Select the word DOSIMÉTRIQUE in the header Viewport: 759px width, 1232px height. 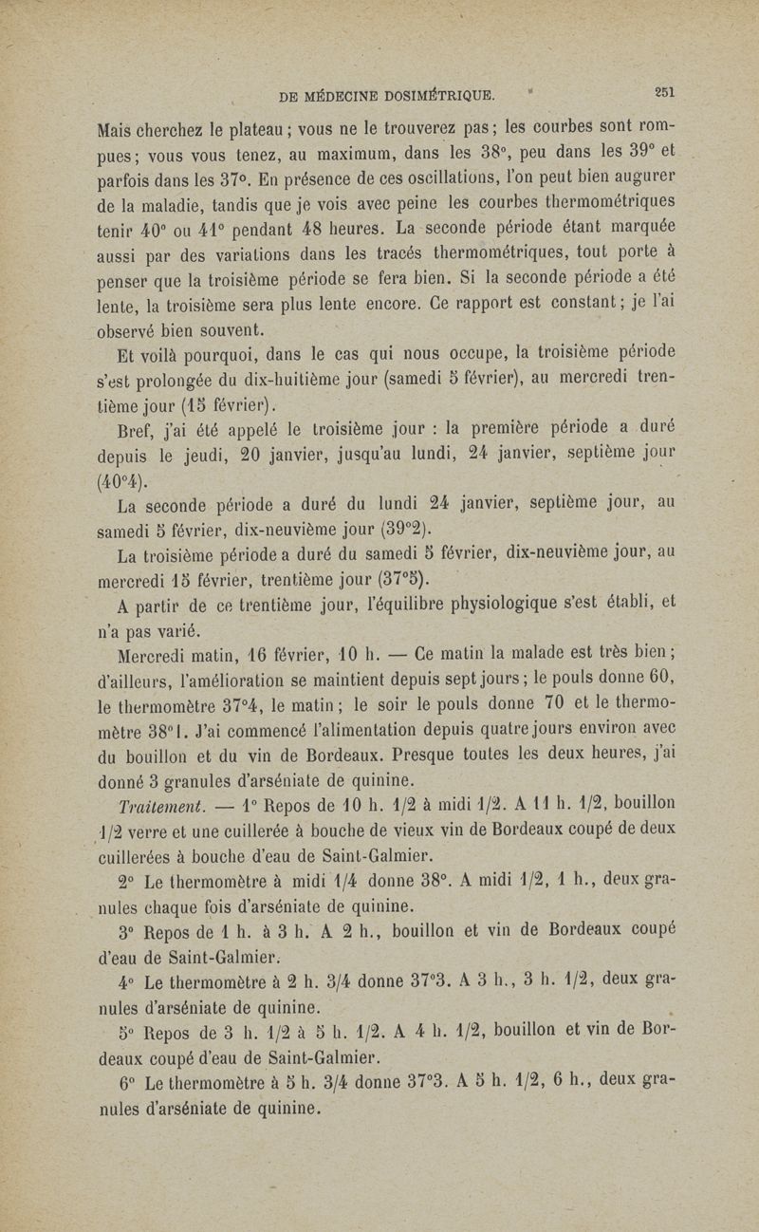coord(434,94)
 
